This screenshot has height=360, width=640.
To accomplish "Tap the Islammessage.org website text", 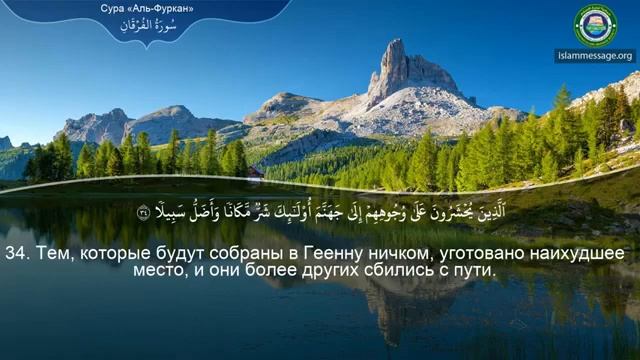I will click(x=595, y=56).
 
